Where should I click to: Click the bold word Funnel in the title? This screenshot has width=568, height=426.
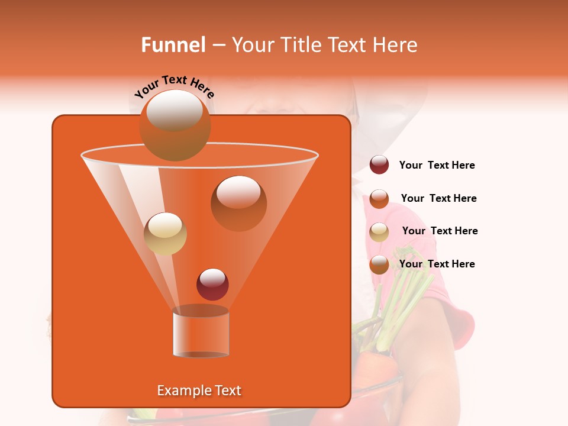[173, 45]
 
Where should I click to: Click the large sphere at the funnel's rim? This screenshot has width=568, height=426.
[175, 125]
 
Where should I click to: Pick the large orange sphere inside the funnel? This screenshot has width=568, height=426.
[238, 203]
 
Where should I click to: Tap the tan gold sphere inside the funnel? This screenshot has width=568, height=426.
[165, 234]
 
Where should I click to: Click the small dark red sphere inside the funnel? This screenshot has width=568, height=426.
[212, 284]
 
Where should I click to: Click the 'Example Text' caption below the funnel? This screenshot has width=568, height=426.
[199, 390]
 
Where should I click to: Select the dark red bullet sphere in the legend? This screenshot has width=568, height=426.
[379, 165]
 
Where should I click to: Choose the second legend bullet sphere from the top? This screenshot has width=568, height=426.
[379, 199]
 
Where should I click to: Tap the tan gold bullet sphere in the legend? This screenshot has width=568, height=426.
[379, 232]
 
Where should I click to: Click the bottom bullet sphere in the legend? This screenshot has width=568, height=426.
[379, 264]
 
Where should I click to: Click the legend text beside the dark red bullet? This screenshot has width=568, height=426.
[437, 166]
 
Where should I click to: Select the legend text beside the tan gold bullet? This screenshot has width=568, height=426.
[440, 231]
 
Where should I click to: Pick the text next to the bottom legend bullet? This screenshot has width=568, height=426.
[437, 264]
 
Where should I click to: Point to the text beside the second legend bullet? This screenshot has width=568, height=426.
[438, 198]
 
